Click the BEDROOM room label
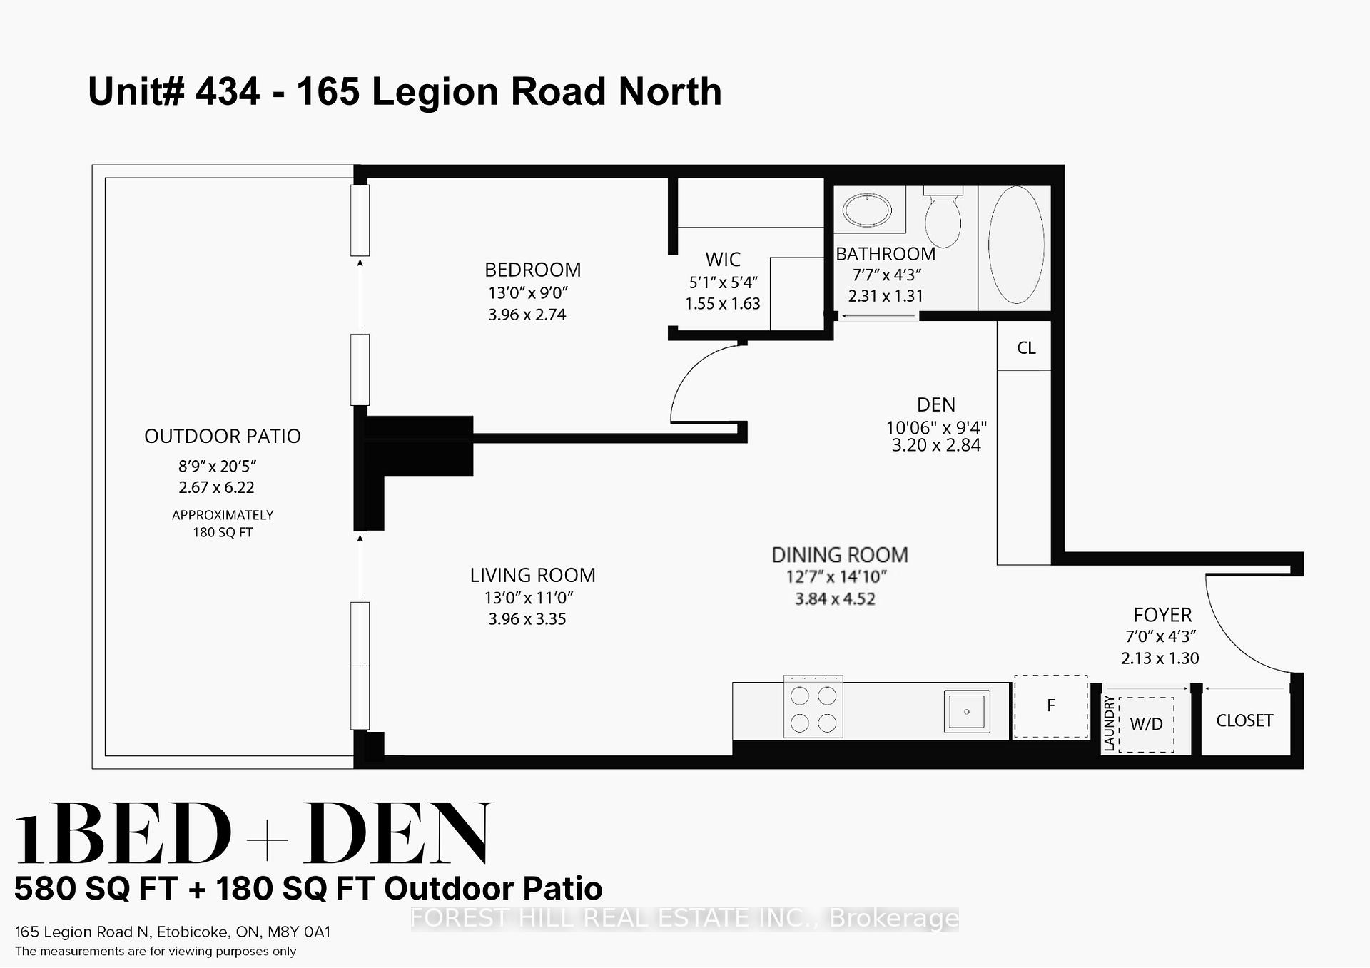[x=532, y=270]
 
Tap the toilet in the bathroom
[x=943, y=218]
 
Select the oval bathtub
[x=1016, y=245]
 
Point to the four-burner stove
[x=813, y=707]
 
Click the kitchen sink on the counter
[x=966, y=711]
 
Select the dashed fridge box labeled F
[x=1050, y=706]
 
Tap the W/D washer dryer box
[x=1146, y=724]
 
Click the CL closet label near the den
[x=1025, y=348]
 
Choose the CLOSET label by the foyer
[x=1244, y=720]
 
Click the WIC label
[x=723, y=259]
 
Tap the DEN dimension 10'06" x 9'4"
[x=935, y=427]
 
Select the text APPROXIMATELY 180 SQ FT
[x=223, y=524]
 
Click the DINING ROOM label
[x=840, y=555]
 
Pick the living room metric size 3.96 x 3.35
[x=527, y=619]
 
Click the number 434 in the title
[x=228, y=91]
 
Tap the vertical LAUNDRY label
[x=1109, y=723]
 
